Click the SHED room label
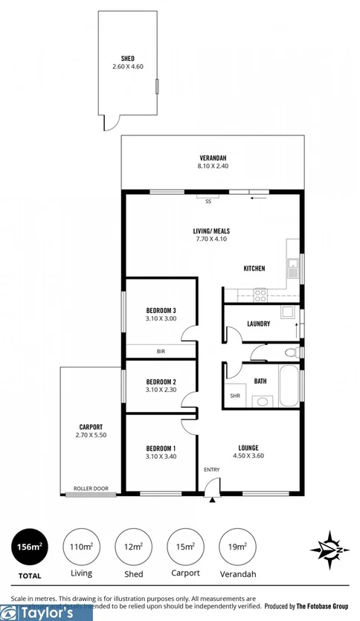[127, 58]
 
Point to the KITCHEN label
[254, 268]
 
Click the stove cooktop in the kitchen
[261, 294]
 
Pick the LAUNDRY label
[258, 324]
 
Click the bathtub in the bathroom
[287, 386]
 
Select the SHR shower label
[234, 396]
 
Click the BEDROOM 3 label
[161, 310]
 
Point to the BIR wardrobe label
[161, 350]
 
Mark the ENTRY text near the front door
[212, 469]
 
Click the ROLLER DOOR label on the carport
[91, 489]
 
